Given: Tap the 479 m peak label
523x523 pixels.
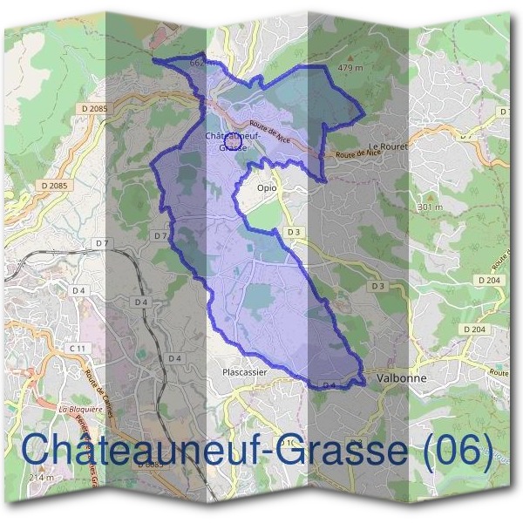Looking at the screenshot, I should (x=350, y=67).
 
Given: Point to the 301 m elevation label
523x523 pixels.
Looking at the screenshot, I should (x=430, y=207).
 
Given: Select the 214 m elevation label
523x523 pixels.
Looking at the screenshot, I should (x=41, y=478).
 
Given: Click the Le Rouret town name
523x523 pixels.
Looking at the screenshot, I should (x=388, y=146).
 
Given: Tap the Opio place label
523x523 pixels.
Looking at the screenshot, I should (x=267, y=187).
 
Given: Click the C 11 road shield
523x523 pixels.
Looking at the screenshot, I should (x=78, y=348).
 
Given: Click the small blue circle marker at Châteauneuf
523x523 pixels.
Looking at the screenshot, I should (x=232, y=132).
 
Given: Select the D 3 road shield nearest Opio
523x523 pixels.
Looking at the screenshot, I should (x=294, y=232).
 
